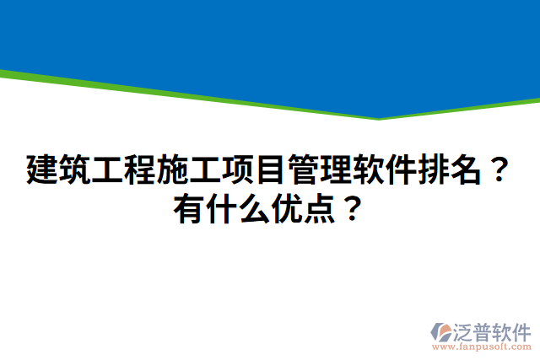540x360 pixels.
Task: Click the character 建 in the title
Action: point(42,170)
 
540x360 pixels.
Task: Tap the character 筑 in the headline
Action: point(74,170)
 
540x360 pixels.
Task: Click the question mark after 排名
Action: point(497,170)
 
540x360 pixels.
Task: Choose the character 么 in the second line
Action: point(254,206)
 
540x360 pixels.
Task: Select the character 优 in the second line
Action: point(286,206)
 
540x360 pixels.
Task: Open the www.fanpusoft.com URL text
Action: point(482,346)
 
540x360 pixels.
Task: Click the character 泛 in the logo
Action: point(467,330)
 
